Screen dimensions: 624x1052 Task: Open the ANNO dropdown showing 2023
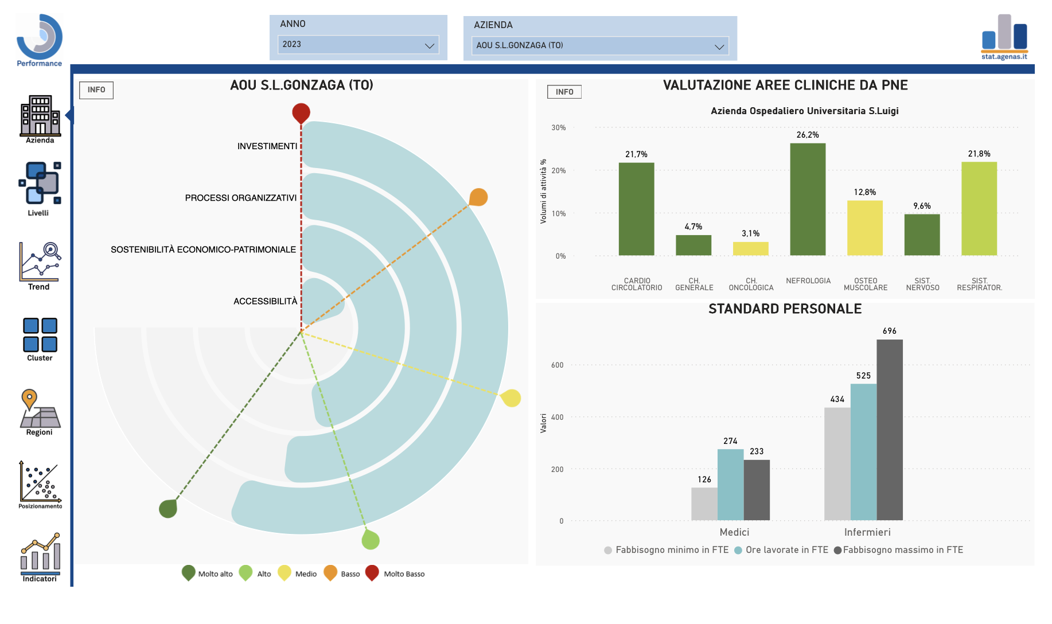(359, 45)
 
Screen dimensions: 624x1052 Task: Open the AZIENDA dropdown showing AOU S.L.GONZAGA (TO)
(600, 46)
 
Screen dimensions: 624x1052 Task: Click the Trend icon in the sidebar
(39, 265)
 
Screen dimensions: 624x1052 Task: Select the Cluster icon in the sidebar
(40, 338)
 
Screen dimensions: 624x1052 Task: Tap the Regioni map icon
(39, 411)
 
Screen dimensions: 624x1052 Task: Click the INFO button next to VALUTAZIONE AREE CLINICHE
(564, 92)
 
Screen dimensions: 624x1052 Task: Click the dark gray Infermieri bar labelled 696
(889, 430)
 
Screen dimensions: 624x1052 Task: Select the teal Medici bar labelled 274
(730, 484)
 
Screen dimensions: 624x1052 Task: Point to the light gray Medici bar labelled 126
(704, 504)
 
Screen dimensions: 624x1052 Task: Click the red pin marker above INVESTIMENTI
(301, 112)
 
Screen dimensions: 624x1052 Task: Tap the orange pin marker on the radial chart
(478, 197)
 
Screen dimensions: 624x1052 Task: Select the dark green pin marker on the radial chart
(168, 508)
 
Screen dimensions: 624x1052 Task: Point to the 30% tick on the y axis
(559, 128)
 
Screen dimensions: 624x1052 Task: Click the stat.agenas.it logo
(1004, 37)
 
